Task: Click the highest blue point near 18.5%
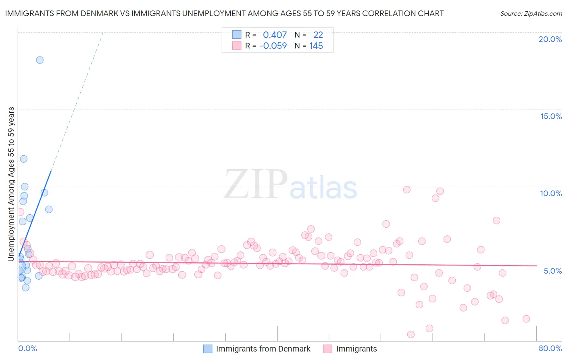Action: pos(40,60)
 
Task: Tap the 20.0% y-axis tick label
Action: pos(550,39)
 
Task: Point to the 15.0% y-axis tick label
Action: pos(551,116)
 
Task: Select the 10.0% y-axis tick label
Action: pos(551,193)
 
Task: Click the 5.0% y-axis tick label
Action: pos(552,271)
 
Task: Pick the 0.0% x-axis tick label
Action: pos(27,348)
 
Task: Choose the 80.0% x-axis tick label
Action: pos(550,348)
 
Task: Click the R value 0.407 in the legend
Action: pos(275,35)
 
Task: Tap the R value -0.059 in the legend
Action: pos(273,46)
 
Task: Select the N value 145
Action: pos(316,46)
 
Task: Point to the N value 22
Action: pos(318,35)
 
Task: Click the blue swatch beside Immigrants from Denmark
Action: pos(208,349)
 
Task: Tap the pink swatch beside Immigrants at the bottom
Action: pos(327,349)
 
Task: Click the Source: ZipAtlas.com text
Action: pos(531,14)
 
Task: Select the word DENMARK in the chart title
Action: pos(102,14)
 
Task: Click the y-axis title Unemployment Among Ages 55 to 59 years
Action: pos(11,184)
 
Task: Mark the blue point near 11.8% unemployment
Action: pos(24,159)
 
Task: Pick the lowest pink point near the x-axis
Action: pos(411,334)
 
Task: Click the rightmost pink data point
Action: pos(526,319)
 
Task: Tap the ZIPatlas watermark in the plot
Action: pos(290,185)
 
